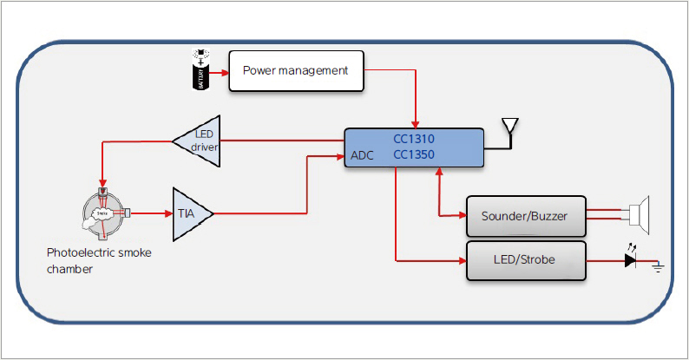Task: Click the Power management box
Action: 296,70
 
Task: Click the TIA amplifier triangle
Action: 189,213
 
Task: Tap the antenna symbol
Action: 510,127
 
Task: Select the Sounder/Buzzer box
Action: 525,216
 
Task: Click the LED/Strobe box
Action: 525,260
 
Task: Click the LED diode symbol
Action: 631,259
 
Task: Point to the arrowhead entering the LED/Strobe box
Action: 462,259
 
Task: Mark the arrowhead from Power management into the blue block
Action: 418,124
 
